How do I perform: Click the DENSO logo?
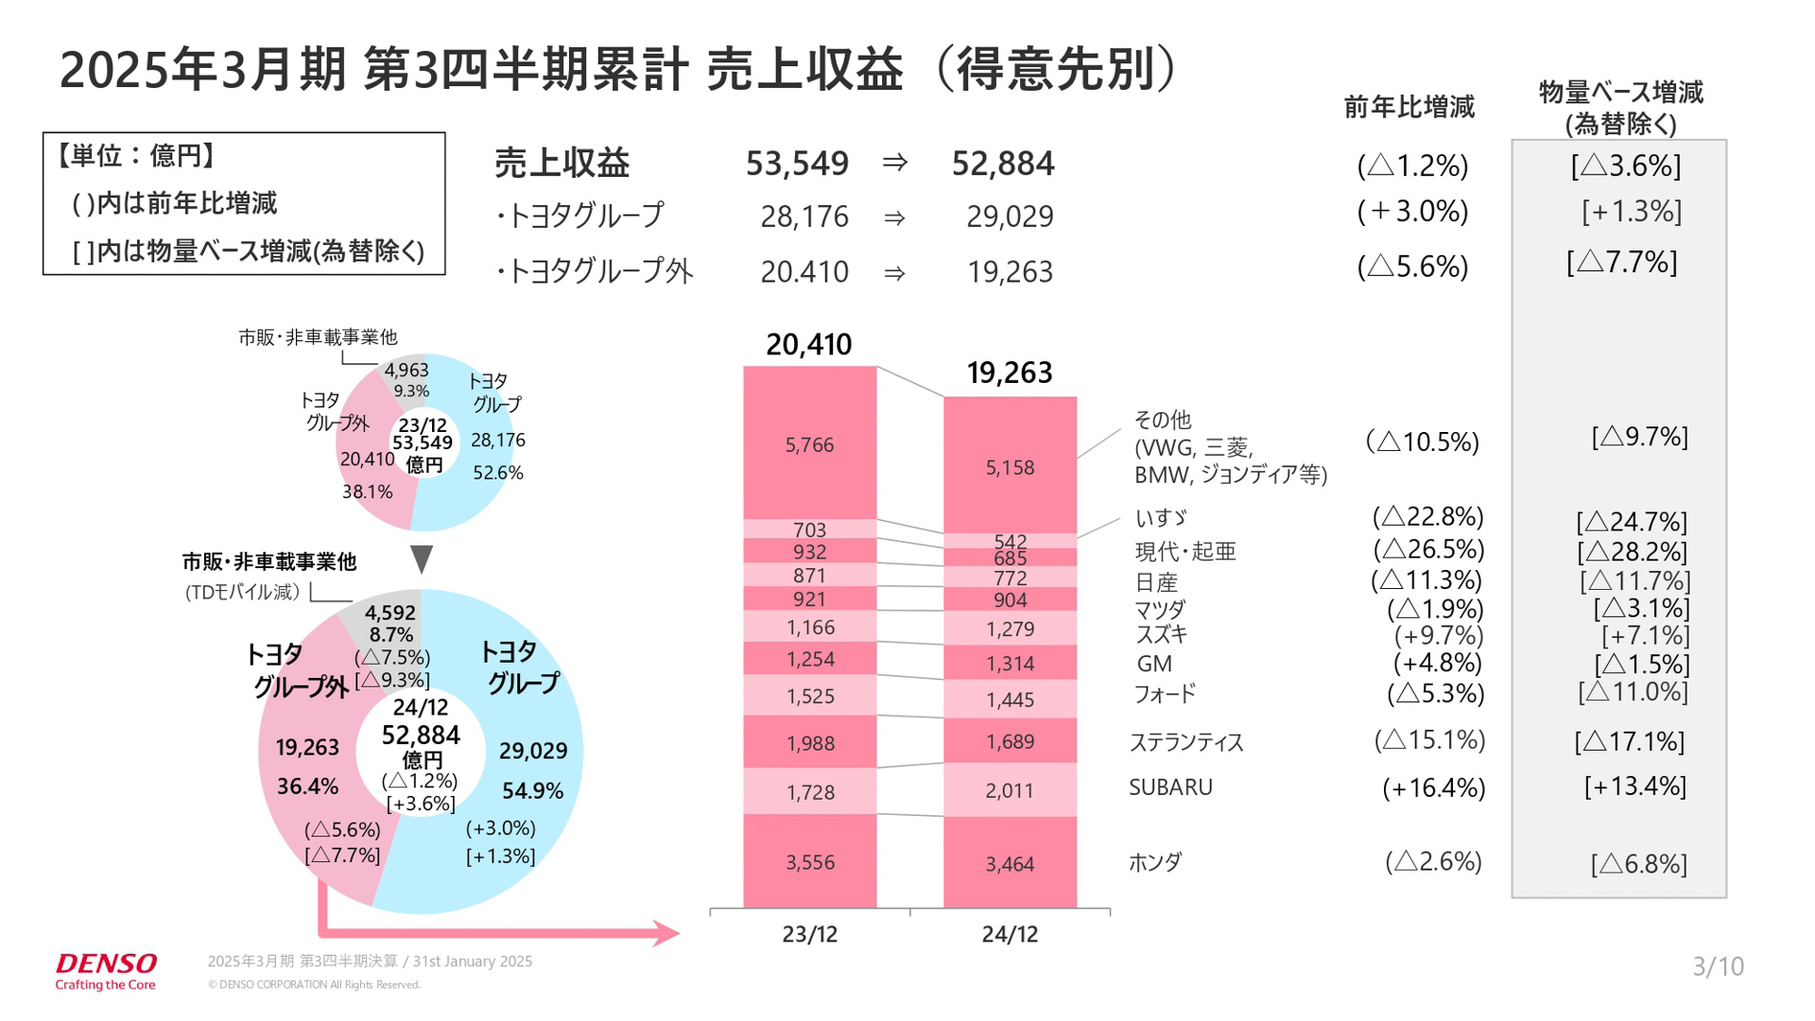coord(106,964)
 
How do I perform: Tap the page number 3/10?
coord(1717,966)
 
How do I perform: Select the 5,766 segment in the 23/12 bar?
coord(809,444)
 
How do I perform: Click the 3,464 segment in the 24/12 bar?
coord(1010,863)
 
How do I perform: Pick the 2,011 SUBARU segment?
coord(1010,790)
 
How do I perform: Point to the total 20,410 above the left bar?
coord(808,344)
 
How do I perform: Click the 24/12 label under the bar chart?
coord(1010,934)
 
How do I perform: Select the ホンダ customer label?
coord(1155,862)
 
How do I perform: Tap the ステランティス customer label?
coord(1186,742)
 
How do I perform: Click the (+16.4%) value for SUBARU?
coord(1433,787)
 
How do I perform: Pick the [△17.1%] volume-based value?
coord(1629,741)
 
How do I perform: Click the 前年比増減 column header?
coord(1409,107)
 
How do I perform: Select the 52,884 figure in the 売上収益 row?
coord(1002,164)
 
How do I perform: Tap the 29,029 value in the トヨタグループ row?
coord(1010,216)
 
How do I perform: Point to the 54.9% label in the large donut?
coord(532,790)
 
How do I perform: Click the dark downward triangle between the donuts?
coord(422,558)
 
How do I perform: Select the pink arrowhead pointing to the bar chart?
coord(665,933)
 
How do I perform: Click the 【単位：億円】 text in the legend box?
coord(135,155)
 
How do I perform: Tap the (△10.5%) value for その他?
coord(1423,441)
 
